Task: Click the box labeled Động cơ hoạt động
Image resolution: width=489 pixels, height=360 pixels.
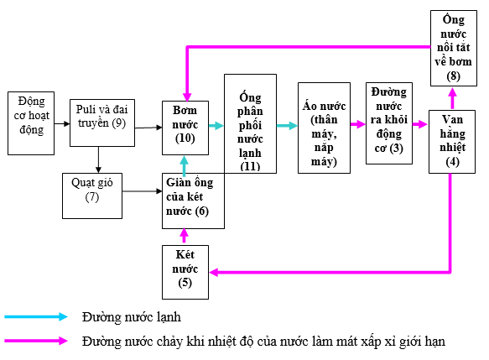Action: click(x=31, y=123)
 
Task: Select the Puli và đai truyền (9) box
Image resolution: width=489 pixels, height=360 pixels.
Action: click(x=99, y=123)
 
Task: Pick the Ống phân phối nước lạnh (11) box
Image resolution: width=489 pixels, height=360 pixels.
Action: click(x=250, y=124)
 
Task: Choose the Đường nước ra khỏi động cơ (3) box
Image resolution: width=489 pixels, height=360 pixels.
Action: click(x=388, y=123)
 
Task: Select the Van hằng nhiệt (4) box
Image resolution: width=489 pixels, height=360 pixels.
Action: click(x=452, y=142)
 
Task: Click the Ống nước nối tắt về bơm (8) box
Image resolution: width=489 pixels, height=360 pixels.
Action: click(x=454, y=48)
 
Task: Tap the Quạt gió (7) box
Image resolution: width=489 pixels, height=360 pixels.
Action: click(x=92, y=195)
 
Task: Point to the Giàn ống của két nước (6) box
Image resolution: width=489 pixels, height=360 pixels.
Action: click(x=193, y=200)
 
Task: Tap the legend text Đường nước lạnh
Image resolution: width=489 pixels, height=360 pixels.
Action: click(x=131, y=317)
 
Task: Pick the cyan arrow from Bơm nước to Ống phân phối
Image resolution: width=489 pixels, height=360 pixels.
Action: click(x=216, y=126)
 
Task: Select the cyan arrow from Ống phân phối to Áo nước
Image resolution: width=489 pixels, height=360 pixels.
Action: click(x=287, y=126)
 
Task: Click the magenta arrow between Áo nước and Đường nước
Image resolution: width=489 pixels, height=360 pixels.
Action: click(x=356, y=126)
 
